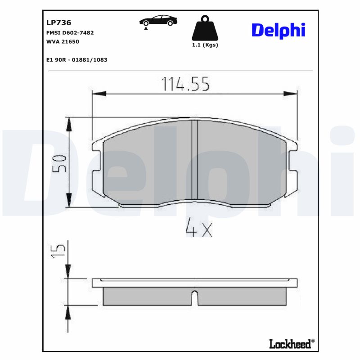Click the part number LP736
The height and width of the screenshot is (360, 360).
coord(59,22)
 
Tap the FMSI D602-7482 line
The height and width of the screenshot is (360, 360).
coord(70,33)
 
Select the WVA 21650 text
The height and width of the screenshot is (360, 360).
coord(63,41)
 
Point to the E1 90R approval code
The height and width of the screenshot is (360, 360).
coord(76,59)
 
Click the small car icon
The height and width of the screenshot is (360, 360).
coord(157,21)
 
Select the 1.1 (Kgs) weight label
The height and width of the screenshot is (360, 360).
coord(205,45)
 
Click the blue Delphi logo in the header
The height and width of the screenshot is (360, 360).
coord(278,30)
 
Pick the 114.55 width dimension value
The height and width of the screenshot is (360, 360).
coord(185,84)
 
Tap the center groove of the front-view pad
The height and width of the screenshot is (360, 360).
coord(195,160)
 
